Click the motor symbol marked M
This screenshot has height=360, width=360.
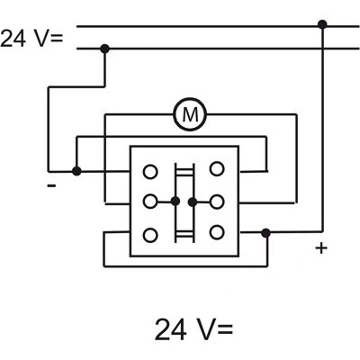(x=190, y=114)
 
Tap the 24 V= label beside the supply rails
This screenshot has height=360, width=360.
(x=31, y=39)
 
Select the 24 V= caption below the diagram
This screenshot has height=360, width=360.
(x=193, y=329)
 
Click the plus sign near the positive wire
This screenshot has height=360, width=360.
(x=321, y=248)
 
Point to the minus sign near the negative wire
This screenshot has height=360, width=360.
(x=51, y=186)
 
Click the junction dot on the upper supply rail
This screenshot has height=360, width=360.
(x=322, y=24)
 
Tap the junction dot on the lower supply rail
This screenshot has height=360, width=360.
(x=104, y=49)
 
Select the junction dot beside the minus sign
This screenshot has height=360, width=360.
(x=76, y=171)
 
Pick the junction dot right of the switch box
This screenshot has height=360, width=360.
(x=265, y=233)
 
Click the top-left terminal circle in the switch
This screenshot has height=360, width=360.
(x=150, y=172)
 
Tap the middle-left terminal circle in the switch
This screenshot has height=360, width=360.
(x=150, y=202)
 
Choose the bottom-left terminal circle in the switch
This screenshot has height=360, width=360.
(x=150, y=235)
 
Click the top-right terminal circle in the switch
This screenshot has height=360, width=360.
(x=217, y=169)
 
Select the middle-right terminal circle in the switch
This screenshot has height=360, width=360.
(x=217, y=202)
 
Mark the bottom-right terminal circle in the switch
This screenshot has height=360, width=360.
(x=217, y=232)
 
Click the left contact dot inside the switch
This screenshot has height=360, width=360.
(x=175, y=202)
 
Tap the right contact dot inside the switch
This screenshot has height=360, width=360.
(x=193, y=202)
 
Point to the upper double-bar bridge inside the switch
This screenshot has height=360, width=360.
(x=184, y=171)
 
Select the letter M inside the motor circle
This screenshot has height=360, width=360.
(x=190, y=114)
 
